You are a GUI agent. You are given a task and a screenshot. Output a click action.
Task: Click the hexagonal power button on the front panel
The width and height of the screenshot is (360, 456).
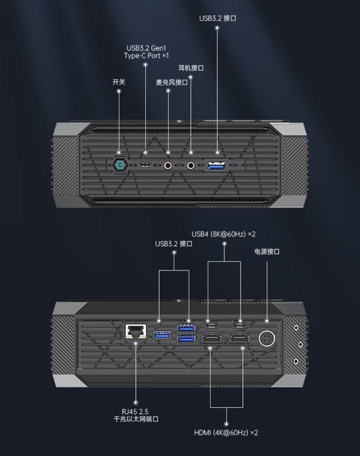point(119,165)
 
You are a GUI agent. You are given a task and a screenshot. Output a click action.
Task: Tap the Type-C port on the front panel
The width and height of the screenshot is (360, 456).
point(145,165)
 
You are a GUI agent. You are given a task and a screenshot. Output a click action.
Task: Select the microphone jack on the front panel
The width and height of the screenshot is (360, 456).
point(168,165)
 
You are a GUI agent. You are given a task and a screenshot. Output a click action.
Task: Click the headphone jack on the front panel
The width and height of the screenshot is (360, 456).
point(191,165)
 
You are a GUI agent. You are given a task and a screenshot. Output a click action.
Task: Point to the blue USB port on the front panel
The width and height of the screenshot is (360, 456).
point(217,165)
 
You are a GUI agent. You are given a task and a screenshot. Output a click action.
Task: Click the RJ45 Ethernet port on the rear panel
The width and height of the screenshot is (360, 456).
point(135,331)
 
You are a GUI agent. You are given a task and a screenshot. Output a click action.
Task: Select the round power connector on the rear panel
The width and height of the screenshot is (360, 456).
point(267,339)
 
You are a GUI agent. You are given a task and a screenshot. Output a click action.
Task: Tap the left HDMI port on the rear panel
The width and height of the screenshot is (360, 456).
point(211,339)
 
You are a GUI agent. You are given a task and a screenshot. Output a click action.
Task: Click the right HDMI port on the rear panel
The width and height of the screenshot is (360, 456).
point(239,339)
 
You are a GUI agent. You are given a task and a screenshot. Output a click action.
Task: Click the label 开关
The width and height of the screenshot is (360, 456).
point(119,82)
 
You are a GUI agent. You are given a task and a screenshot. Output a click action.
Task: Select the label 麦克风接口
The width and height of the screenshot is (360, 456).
point(171,83)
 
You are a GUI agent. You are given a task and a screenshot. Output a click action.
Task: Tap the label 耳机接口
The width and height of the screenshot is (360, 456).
point(191,68)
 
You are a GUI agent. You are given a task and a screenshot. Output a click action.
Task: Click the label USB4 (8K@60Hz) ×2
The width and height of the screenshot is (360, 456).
point(224,234)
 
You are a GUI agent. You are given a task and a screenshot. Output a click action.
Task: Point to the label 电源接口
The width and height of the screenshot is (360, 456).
point(267,252)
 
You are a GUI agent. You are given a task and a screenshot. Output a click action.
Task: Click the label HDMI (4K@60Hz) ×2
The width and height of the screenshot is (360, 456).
point(226,432)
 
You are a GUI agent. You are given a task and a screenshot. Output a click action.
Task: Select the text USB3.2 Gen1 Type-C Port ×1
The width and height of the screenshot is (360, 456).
point(146,52)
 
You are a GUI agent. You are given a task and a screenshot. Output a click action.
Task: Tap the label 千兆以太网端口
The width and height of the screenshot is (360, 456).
point(136,419)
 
